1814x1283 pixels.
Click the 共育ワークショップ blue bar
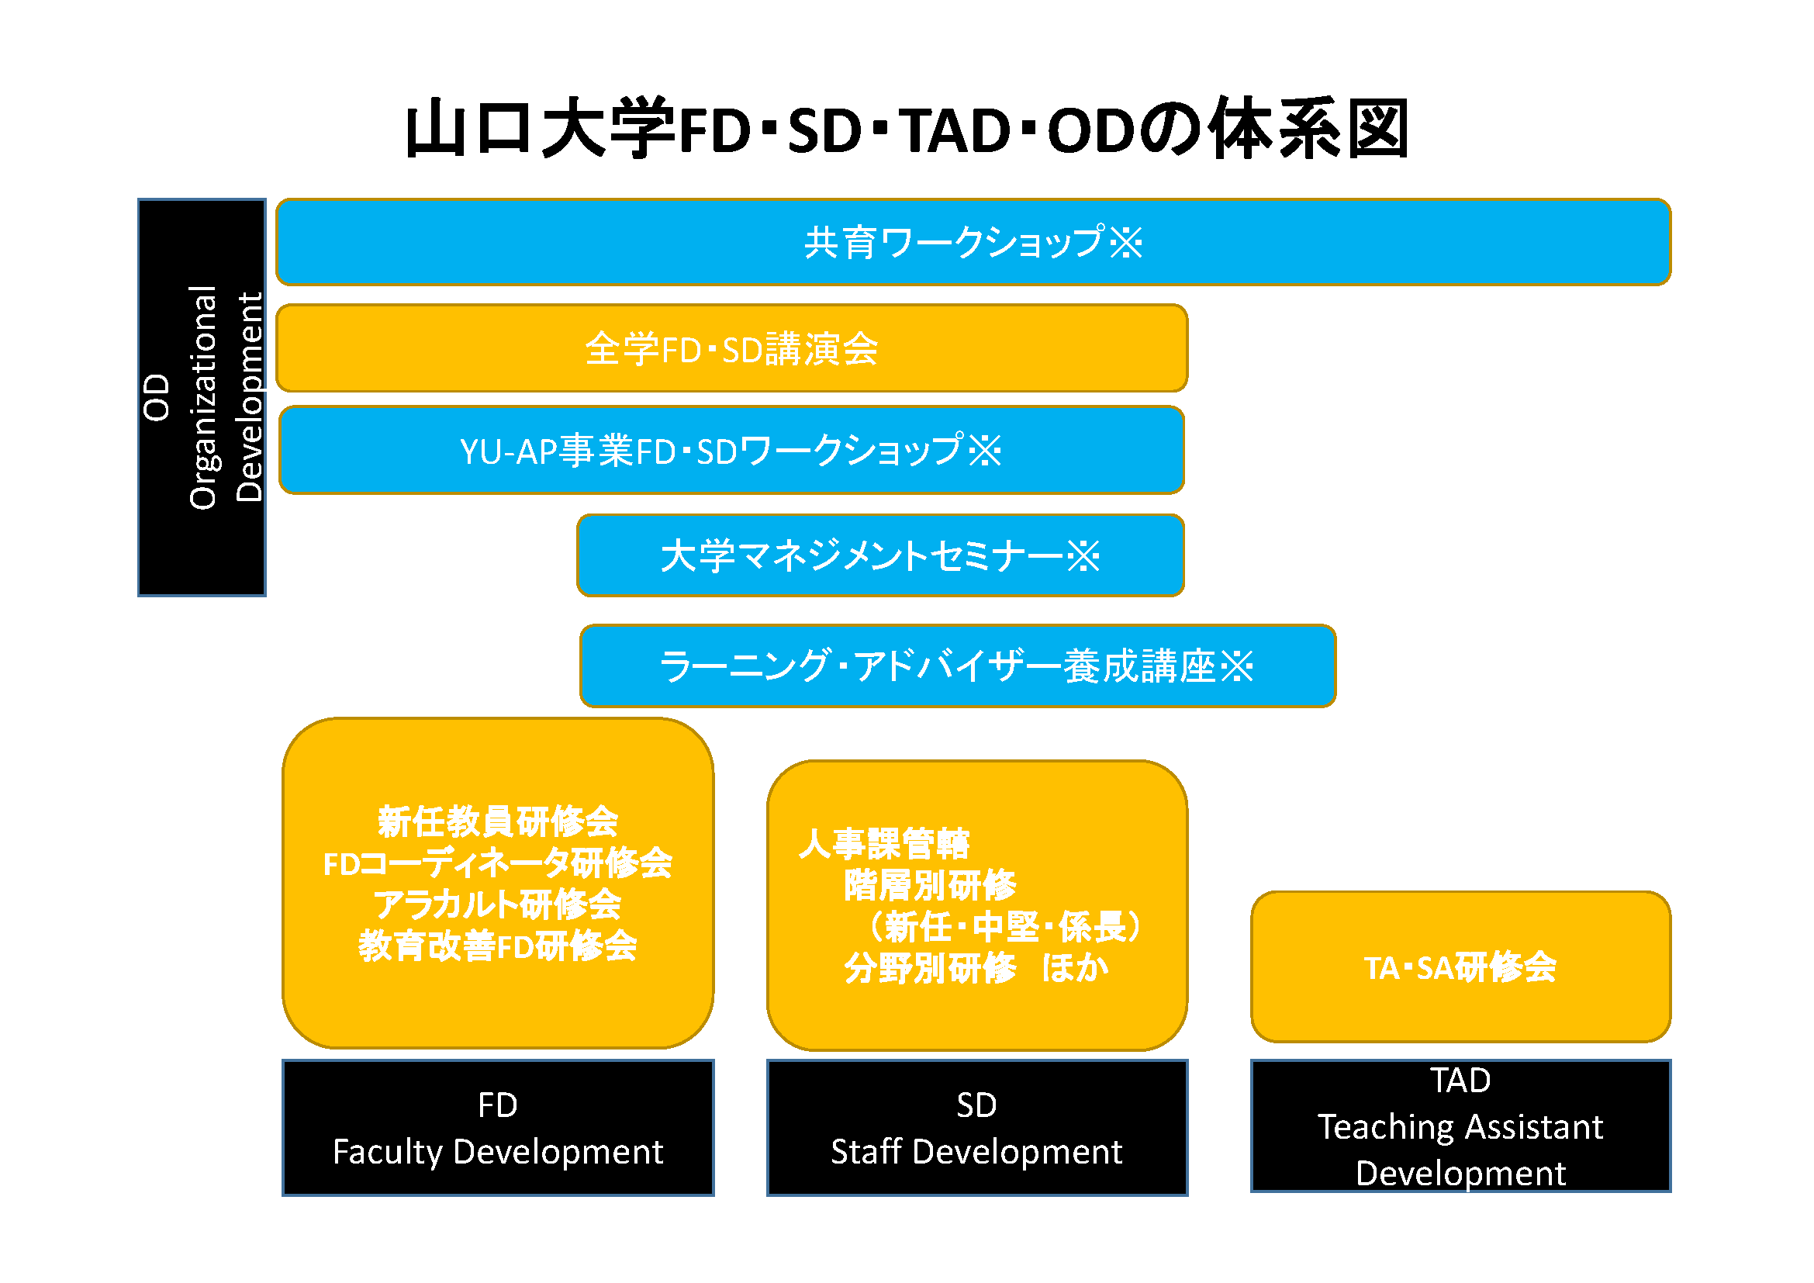pyautogui.click(x=973, y=243)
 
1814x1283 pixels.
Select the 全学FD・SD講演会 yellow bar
pyautogui.click(x=731, y=348)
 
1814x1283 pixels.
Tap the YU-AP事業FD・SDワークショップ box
pyautogui.click(x=731, y=451)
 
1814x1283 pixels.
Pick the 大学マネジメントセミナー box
pyautogui.click(x=880, y=555)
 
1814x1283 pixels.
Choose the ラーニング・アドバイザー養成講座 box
pyautogui.click(x=957, y=666)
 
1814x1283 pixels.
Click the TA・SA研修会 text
pyautogui.click(x=1460, y=968)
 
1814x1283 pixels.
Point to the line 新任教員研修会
pyautogui.click(x=498, y=821)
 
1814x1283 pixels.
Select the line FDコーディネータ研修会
pyautogui.click(x=498, y=863)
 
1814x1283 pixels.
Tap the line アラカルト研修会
pyautogui.click(x=498, y=904)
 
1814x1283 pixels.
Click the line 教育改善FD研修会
pyautogui.click(x=498, y=946)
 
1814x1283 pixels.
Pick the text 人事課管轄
pyautogui.click(x=884, y=844)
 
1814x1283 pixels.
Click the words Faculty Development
pyautogui.click(x=498, y=1152)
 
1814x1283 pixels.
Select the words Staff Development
pyautogui.click(x=976, y=1152)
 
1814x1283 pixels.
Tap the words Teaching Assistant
pyautogui.click(x=1460, y=1126)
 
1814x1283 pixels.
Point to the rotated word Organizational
pyautogui.click(x=203, y=397)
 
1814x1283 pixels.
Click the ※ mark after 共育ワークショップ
pyautogui.click(x=1126, y=243)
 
